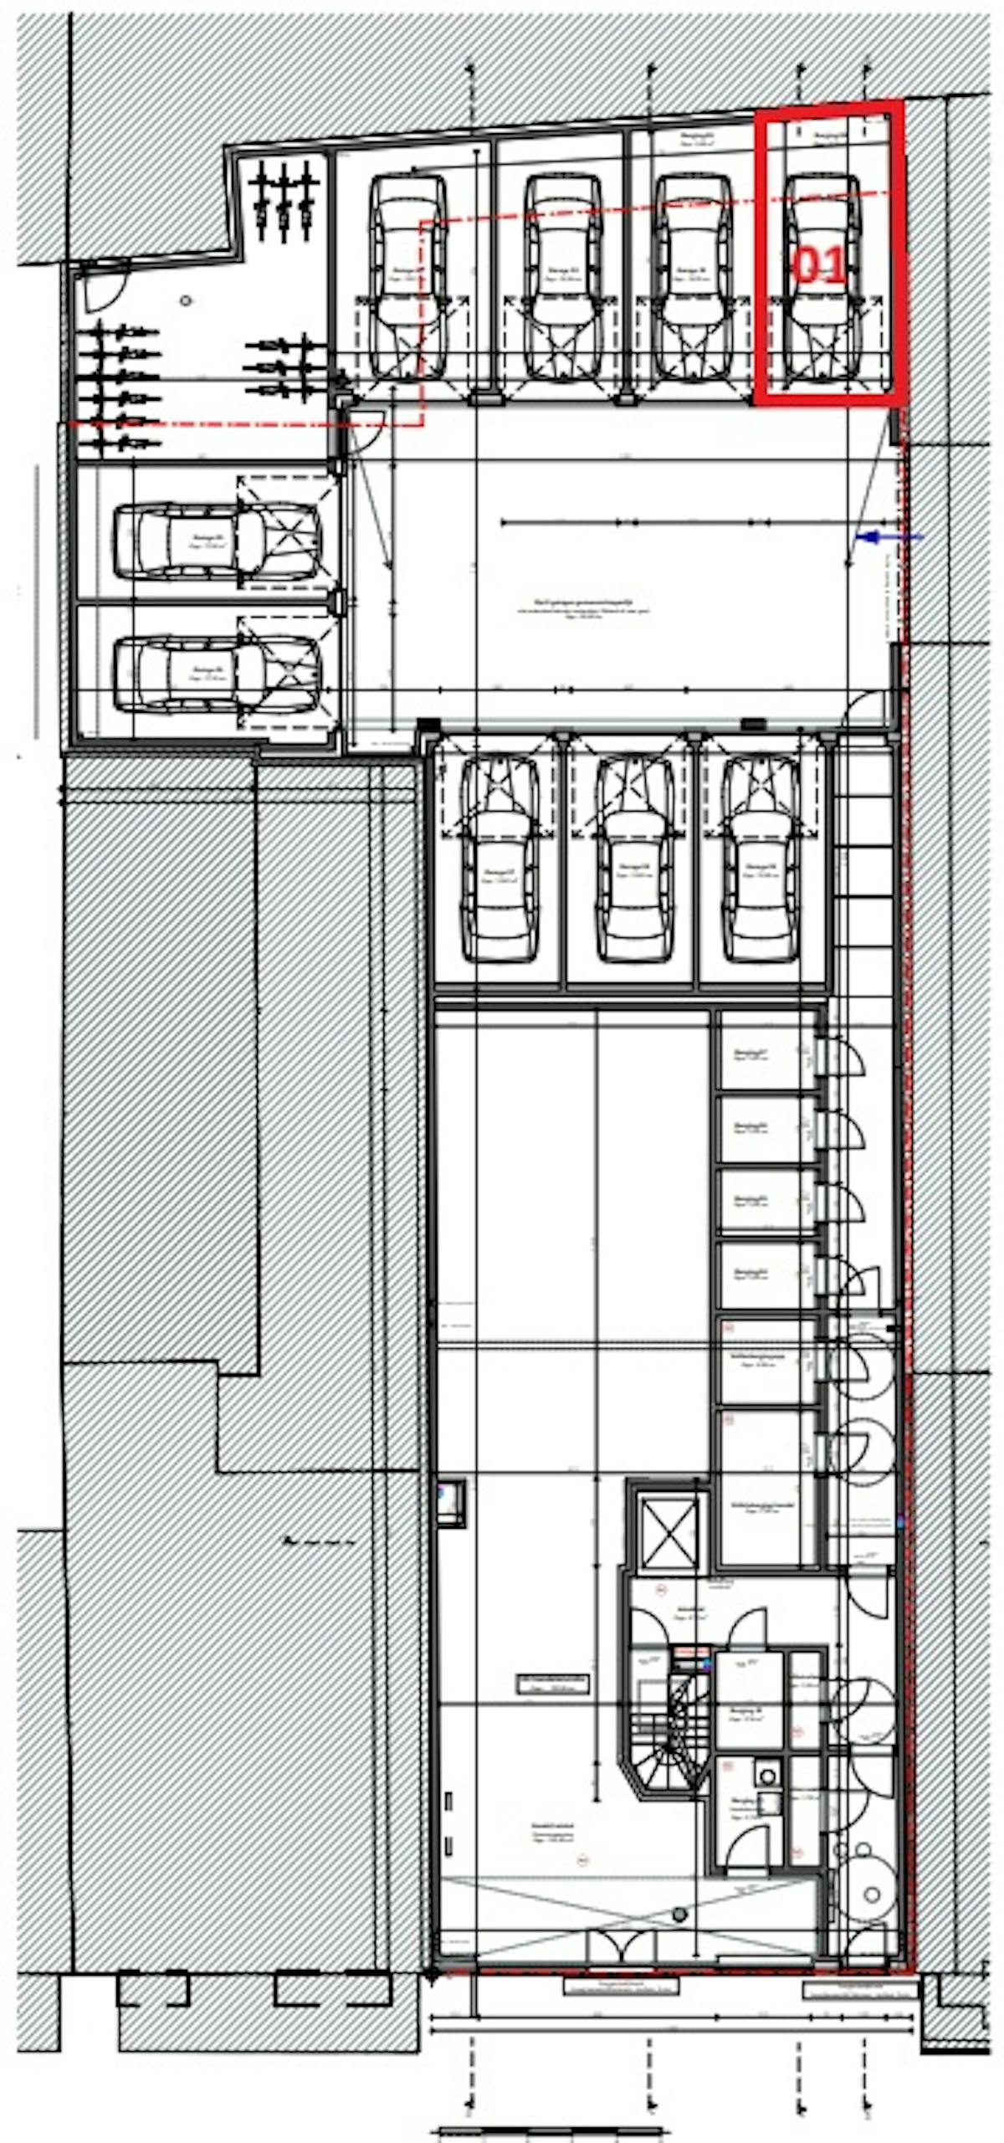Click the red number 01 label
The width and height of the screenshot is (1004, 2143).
tap(817, 267)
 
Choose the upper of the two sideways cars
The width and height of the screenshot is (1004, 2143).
tap(218, 541)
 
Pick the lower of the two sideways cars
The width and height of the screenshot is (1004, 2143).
tap(218, 674)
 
